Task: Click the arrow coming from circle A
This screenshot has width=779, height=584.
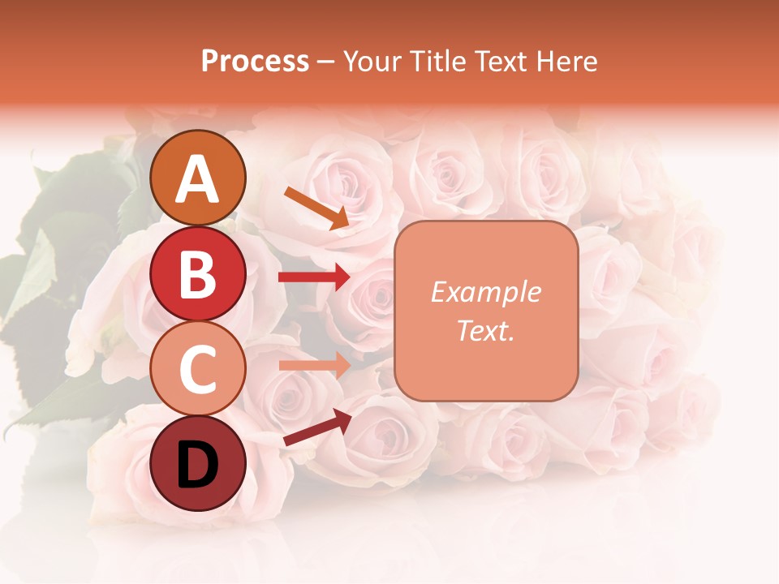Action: tap(316, 208)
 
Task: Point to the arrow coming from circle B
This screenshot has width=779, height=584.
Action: tap(314, 277)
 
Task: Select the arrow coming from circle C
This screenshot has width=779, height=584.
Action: tap(314, 365)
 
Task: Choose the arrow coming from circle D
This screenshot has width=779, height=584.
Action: tap(316, 428)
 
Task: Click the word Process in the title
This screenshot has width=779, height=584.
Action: tap(255, 61)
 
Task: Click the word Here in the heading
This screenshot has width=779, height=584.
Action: tap(568, 61)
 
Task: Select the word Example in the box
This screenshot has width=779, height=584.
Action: tap(485, 292)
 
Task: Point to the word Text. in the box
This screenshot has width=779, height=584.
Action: tap(485, 331)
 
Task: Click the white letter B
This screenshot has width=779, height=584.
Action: tap(198, 275)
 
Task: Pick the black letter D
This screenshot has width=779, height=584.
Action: tap(198, 465)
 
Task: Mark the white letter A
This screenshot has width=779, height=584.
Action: tap(198, 179)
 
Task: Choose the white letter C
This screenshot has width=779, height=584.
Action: tap(198, 370)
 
